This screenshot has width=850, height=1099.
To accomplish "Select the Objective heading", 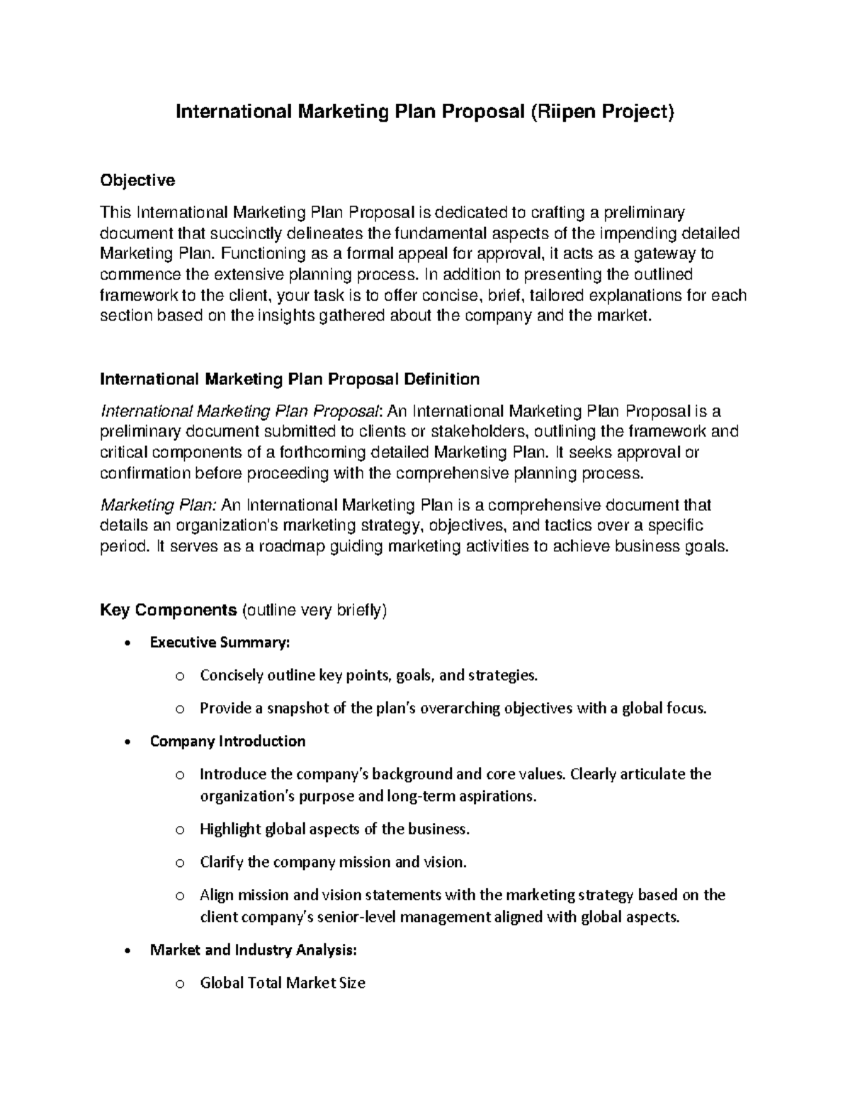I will point(137,180).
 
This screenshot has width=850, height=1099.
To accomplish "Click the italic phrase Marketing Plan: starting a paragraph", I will point(159,505).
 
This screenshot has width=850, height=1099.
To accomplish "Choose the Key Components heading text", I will point(168,610).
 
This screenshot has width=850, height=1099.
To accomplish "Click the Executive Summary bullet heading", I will point(220,643).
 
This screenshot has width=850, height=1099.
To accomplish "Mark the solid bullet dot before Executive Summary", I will point(126,643).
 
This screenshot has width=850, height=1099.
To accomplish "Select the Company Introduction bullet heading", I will point(227,741).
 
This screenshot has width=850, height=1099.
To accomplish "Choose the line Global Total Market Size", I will point(283,983).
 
